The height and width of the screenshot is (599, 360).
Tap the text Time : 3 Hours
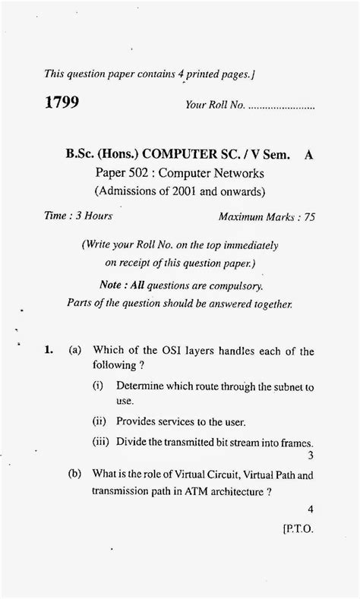click(78, 216)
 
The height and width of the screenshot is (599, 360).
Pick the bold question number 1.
click(48, 351)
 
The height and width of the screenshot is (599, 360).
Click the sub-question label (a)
click(75, 351)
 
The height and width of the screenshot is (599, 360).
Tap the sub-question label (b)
click(75, 473)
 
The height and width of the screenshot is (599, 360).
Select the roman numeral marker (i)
click(98, 386)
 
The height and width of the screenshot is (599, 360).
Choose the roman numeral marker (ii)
click(99, 421)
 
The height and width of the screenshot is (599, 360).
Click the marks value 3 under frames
click(311, 456)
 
